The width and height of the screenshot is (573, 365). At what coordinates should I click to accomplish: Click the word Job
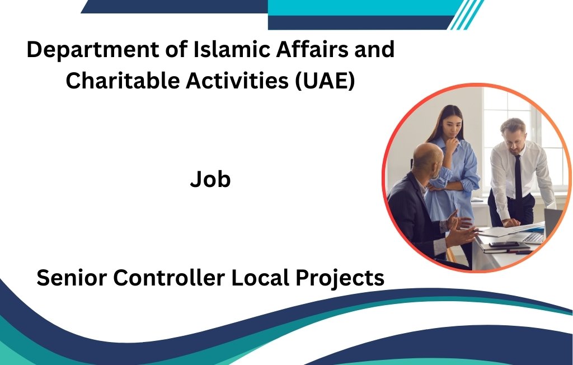coord(210,180)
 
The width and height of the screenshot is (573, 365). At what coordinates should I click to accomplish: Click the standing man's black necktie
coord(518,176)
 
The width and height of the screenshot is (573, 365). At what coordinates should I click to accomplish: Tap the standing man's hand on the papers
coord(511,222)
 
